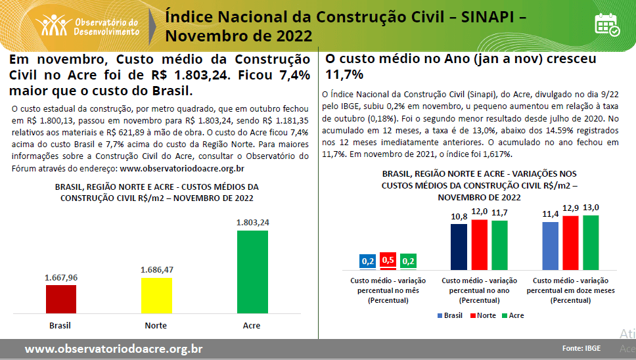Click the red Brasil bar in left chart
tap(60, 299)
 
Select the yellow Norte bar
tap(156, 296)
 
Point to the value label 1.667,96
tap(61, 277)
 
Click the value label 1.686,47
tap(158, 270)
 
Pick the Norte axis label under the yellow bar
tap(156, 325)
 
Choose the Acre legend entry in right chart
tap(514, 315)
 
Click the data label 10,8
tap(459, 216)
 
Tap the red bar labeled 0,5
tap(388, 268)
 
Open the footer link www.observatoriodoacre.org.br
tap(114, 349)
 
